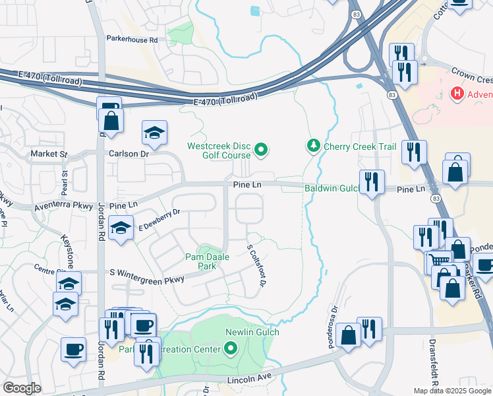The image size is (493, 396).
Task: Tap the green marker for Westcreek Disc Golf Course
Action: pos(261,150)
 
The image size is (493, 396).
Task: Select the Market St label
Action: pos(49,154)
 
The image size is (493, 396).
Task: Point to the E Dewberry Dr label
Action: pos(159,221)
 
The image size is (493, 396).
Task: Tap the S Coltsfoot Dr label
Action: pos(255,266)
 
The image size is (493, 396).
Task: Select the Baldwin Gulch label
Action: pos(330,189)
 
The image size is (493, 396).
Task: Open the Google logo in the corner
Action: pos(22,388)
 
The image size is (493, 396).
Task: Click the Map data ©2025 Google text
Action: pos(452,391)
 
